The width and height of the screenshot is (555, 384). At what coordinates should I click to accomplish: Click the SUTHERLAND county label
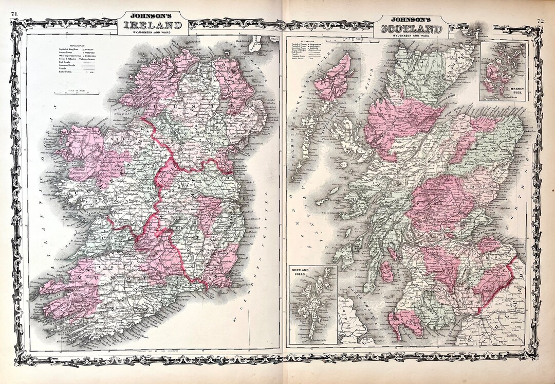pyautogui.click(x=409, y=77)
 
